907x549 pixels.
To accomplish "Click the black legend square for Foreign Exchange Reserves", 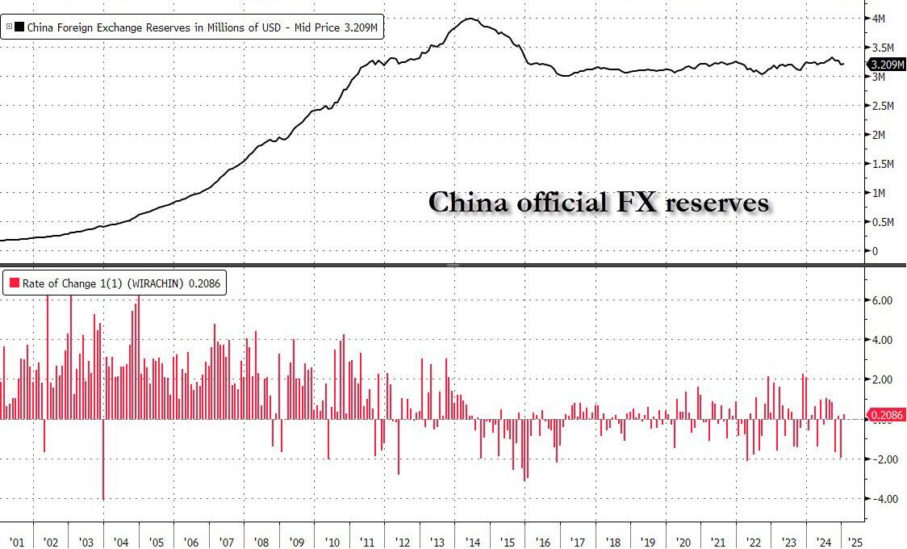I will pos(19,27).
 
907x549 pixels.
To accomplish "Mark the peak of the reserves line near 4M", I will pos(472,19).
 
